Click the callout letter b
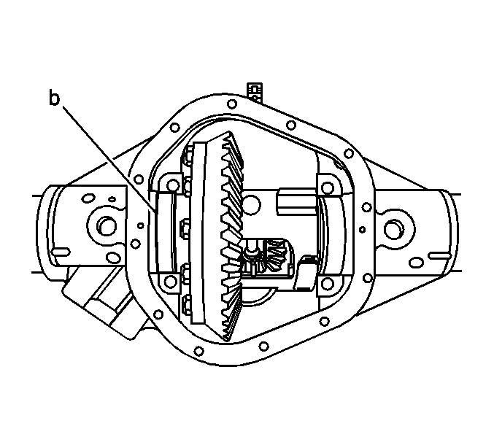pos(54,98)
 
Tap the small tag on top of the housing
pos(255,92)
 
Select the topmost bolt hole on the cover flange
pos(232,104)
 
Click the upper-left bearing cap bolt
pos(173,185)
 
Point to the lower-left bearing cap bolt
pos(171,282)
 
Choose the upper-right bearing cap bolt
pos(328,188)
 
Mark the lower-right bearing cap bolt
pos(327,284)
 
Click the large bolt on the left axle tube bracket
pos(107,226)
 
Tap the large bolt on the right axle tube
pos(392,228)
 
